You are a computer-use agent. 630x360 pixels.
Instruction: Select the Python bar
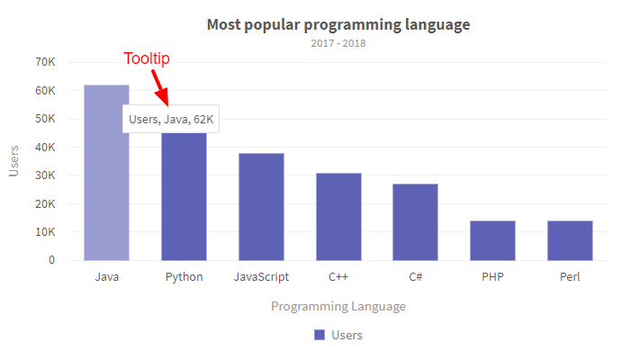click(x=184, y=198)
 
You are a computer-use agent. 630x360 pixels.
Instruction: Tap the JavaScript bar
click(x=261, y=207)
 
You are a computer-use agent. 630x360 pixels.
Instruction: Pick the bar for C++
click(x=338, y=216)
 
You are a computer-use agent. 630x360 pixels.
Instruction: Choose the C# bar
click(x=415, y=221)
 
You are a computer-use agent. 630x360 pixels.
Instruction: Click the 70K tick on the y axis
click(x=45, y=62)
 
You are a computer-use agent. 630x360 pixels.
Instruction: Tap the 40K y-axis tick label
click(x=45, y=147)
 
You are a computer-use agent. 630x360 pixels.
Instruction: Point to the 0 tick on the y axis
click(x=51, y=260)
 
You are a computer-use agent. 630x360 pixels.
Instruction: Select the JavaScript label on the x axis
click(x=261, y=277)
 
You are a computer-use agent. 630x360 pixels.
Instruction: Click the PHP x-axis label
click(x=492, y=277)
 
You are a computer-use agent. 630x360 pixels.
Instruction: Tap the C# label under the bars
click(x=415, y=277)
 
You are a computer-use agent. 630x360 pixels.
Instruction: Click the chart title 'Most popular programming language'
click(x=338, y=24)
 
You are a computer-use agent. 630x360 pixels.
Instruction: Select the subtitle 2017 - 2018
click(x=338, y=42)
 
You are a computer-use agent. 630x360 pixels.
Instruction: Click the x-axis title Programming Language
click(x=338, y=307)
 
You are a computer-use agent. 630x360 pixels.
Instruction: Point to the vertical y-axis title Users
click(x=13, y=161)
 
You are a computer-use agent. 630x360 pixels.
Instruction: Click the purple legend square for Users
click(x=319, y=335)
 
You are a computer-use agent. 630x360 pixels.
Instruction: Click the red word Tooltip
click(x=147, y=59)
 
